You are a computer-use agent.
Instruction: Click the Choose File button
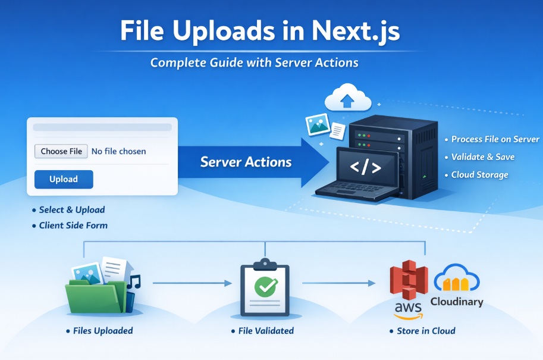(x=61, y=151)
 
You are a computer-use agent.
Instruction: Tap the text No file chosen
(x=119, y=151)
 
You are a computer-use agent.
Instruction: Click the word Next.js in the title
(x=356, y=31)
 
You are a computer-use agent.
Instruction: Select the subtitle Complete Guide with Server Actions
(x=255, y=62)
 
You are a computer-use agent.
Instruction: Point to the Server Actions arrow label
(x=246, y=162)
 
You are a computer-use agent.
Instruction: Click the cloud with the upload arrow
(x=348, y=98)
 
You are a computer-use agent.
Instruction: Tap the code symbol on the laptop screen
(x=365, y=167)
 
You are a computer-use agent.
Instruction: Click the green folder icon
(x=96, y=296)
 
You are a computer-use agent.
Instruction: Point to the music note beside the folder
(x=134, y=282)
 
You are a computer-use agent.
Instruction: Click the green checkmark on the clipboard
(x=266, y=287)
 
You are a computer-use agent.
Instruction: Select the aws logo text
(x=408, y=307)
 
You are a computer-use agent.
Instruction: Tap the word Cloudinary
(x=457, y=302)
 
